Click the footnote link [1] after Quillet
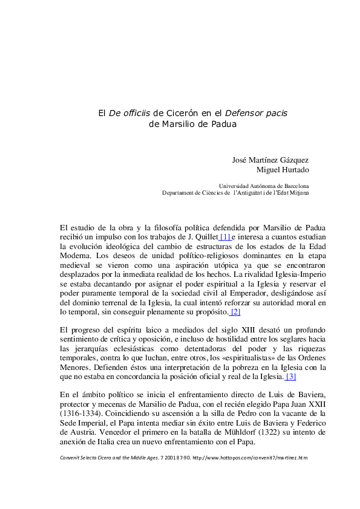tap(224, 236)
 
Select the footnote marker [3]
tap(290, 377)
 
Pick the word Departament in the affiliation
tap(180, 193)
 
